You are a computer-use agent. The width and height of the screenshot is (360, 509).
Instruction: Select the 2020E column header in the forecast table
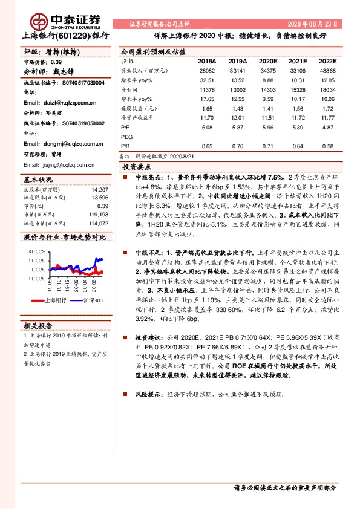[269, 62]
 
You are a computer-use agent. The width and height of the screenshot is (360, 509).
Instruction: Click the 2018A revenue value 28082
[206, 71]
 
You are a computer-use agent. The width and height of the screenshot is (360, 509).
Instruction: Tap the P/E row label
[126, 128]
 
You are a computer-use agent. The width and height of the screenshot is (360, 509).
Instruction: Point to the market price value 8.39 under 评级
[56, 62]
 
